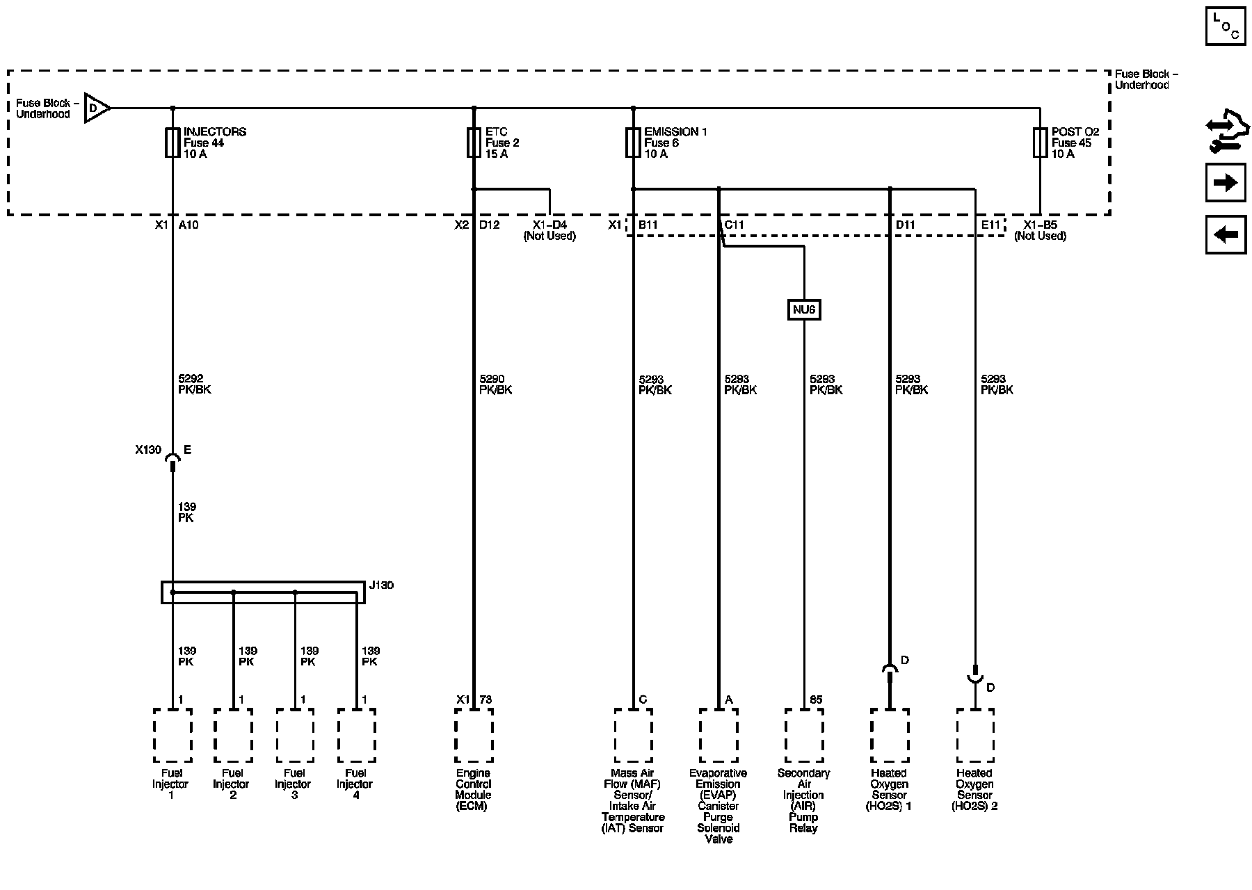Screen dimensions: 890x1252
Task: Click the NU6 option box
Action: pyautogui.click(x=803, y=309)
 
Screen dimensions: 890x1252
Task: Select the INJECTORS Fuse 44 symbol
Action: pyautogui.click(x=172, y=143)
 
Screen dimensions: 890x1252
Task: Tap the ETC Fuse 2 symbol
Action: pyautogui.click(x=474, y=143)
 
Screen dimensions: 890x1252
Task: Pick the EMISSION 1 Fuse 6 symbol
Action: pyautogui.click(x=633, y=143)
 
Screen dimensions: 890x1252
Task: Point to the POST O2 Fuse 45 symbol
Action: pyautogui.click(x=1040, y=143)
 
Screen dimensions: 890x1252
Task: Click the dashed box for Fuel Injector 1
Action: pyautogui.click(x=172, y=736)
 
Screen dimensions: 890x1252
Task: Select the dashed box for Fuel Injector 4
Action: pyautogui.click(x=357, y=736)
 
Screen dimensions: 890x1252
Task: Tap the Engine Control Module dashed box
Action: pyautogui.click(x=474, y=736)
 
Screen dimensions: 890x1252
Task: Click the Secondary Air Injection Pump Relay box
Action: pyautogui.click(x=804, y=736)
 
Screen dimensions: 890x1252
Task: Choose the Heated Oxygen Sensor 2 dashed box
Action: pyautogui.click(x=975, y=736)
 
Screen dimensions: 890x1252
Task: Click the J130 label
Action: pyautogui.click(x=381, y=585)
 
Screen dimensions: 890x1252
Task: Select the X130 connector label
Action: pyautogui.click(x=148, y=450)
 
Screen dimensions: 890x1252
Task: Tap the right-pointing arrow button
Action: pyautogui.click(x=1226, y=183)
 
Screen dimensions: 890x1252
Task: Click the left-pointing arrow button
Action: pyautogui.click(x=1226, y=234)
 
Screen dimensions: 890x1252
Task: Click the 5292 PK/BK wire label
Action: pyautogui.click(x=194, y=385)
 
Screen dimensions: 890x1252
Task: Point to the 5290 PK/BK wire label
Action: pyautogui.click(x=495, y=385)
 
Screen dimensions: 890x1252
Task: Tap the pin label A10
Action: pyautogui.click(x=188, y=225)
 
